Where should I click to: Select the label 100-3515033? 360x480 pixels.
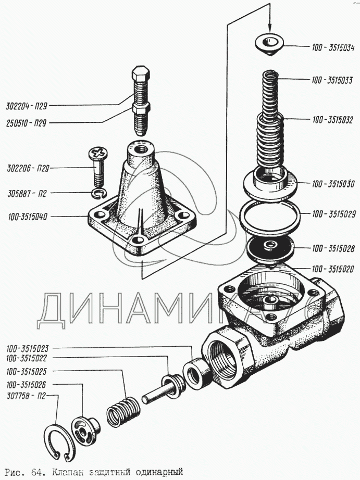tap(332, 80)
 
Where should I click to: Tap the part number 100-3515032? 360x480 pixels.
tap(333, 120)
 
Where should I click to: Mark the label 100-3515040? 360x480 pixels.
tap(28, 216)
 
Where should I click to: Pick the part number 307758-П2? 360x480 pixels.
tap(27, 396)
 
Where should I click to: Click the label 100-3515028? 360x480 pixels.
tap(333, 248)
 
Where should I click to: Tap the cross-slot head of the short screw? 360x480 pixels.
tap(97, 154)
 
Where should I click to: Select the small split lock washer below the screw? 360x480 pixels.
tap(97, 194)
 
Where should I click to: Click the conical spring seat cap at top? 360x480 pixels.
tap(269, 44)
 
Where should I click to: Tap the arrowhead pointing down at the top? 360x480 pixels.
tap(269, 28)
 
